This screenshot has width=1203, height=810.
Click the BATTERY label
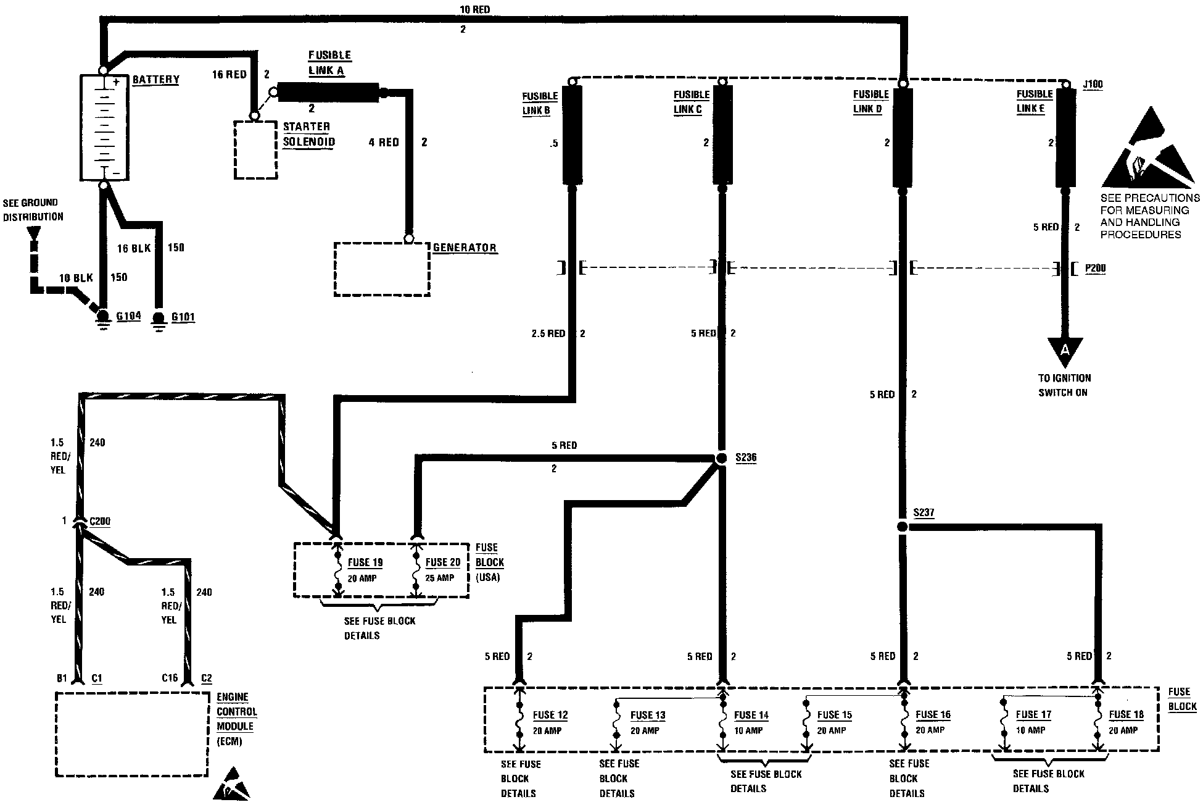point(155,80)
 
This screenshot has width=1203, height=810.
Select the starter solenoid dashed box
point(255,149)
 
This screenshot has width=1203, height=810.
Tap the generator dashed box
point(382,269)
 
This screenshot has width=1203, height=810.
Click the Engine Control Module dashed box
point(132,733)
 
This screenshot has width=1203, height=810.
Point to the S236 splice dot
point(721,459)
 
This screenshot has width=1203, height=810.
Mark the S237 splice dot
point(902,527)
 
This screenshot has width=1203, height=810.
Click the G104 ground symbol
point(103,317)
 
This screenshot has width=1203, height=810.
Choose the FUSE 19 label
point(365,562)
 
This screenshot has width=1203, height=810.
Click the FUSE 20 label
point(443,562)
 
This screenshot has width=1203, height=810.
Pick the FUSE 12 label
point(550,715)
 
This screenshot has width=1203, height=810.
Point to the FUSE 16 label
point(933,715)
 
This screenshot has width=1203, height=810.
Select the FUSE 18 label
point(1126,715)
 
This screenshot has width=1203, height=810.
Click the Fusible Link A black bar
point(328,93)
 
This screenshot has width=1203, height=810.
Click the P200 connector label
point(1095,269)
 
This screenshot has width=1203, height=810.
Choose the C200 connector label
point(100,522)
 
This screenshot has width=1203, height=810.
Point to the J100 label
point(1093,85)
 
